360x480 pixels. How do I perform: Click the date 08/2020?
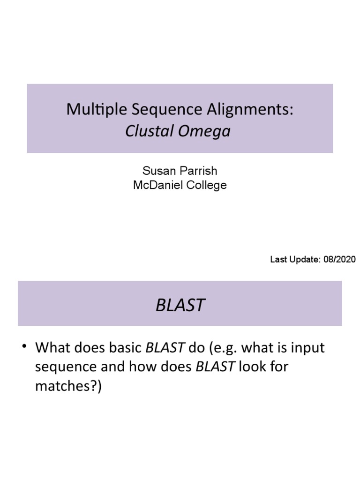[x=339, y=259]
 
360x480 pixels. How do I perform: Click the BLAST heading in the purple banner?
[x=180, y=305]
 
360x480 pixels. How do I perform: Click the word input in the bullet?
[x=307, y=348]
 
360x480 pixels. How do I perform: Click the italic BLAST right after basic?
[x=165, y=348]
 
